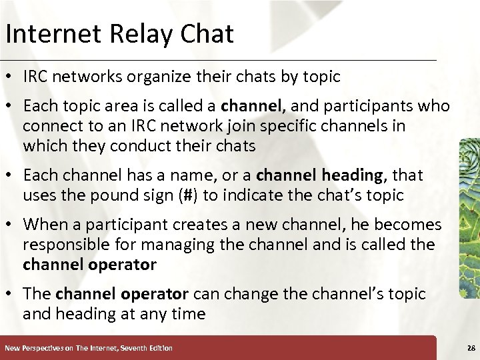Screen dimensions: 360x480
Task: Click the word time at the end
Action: pyautogui.click(x=188, y=313)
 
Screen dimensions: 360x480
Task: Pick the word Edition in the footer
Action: pyautogui.click(x=158, y=348)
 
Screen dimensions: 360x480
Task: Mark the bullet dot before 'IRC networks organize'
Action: pyautogui.click(x=11, y=77)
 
